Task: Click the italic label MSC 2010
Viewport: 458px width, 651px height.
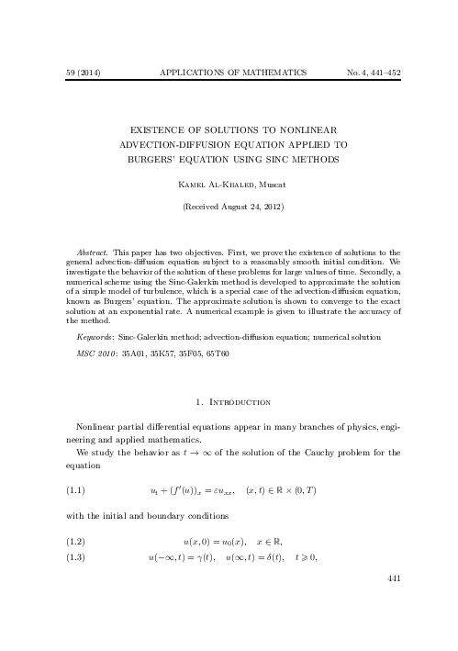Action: pos(91,354)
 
